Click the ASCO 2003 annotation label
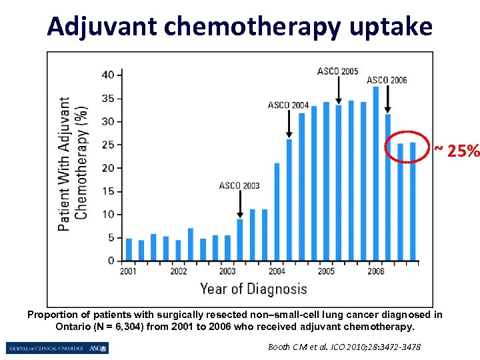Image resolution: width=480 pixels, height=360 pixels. [x=239, y=185]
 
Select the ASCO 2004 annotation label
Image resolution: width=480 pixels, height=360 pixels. [x=288, y=105]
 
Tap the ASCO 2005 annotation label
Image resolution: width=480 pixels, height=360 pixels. [x=337, y=71]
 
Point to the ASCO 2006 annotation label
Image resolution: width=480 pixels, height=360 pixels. [x=387, y=81]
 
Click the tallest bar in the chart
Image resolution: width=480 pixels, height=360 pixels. [x=375, y=173]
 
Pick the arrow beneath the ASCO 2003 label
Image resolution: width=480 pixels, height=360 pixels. [x=240, y=203]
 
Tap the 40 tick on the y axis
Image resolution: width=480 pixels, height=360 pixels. [x=107, y=75]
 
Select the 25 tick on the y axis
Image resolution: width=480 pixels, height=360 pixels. [x=107, y=145]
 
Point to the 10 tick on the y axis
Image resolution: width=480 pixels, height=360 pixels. [x=107, y=215]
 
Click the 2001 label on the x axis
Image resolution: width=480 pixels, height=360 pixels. [x=129, y=272]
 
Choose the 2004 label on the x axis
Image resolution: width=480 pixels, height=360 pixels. [x=277, y=272]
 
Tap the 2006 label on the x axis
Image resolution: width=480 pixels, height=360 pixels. [x=375, y=272]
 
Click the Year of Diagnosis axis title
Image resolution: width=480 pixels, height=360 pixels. [x=253, y=289]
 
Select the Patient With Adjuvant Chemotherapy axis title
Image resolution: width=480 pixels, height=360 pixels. [x=73, y=164]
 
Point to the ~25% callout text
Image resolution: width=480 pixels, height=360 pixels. [x=457, y=151]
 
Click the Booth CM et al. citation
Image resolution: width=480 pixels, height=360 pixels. [x=344, y=347]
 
